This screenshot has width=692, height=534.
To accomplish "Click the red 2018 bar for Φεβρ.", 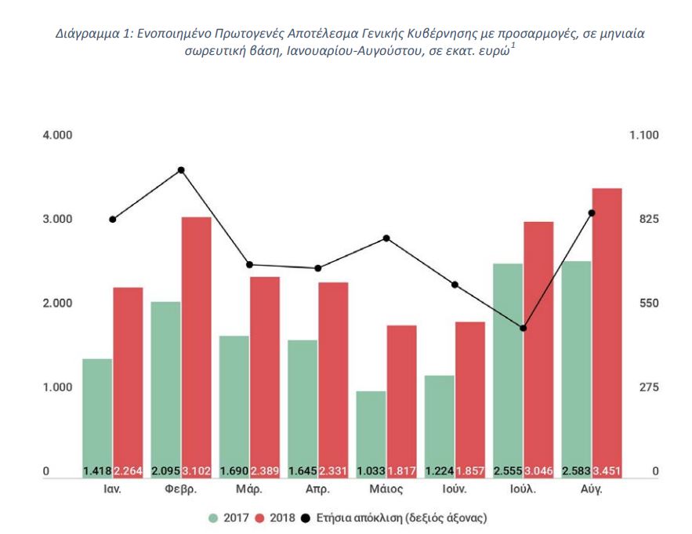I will click(196, 345).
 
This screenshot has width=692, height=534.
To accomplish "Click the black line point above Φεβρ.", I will click(181, 170).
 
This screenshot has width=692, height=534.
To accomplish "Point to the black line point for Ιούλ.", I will click(524, 328).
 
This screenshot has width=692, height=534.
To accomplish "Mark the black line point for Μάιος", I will click(386, 238).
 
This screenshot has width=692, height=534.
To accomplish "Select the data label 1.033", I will click(371, 472).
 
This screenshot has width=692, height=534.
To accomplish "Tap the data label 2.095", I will click(165, 472).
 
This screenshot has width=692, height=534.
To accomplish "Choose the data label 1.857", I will click(469, 472).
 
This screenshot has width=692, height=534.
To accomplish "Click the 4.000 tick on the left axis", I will click(57, 135).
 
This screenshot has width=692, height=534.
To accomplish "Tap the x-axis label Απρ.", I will click(317, 489).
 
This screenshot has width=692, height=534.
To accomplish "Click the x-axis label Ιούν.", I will click(454, 489).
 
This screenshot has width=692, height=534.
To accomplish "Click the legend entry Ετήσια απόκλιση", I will click(397, 518).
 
